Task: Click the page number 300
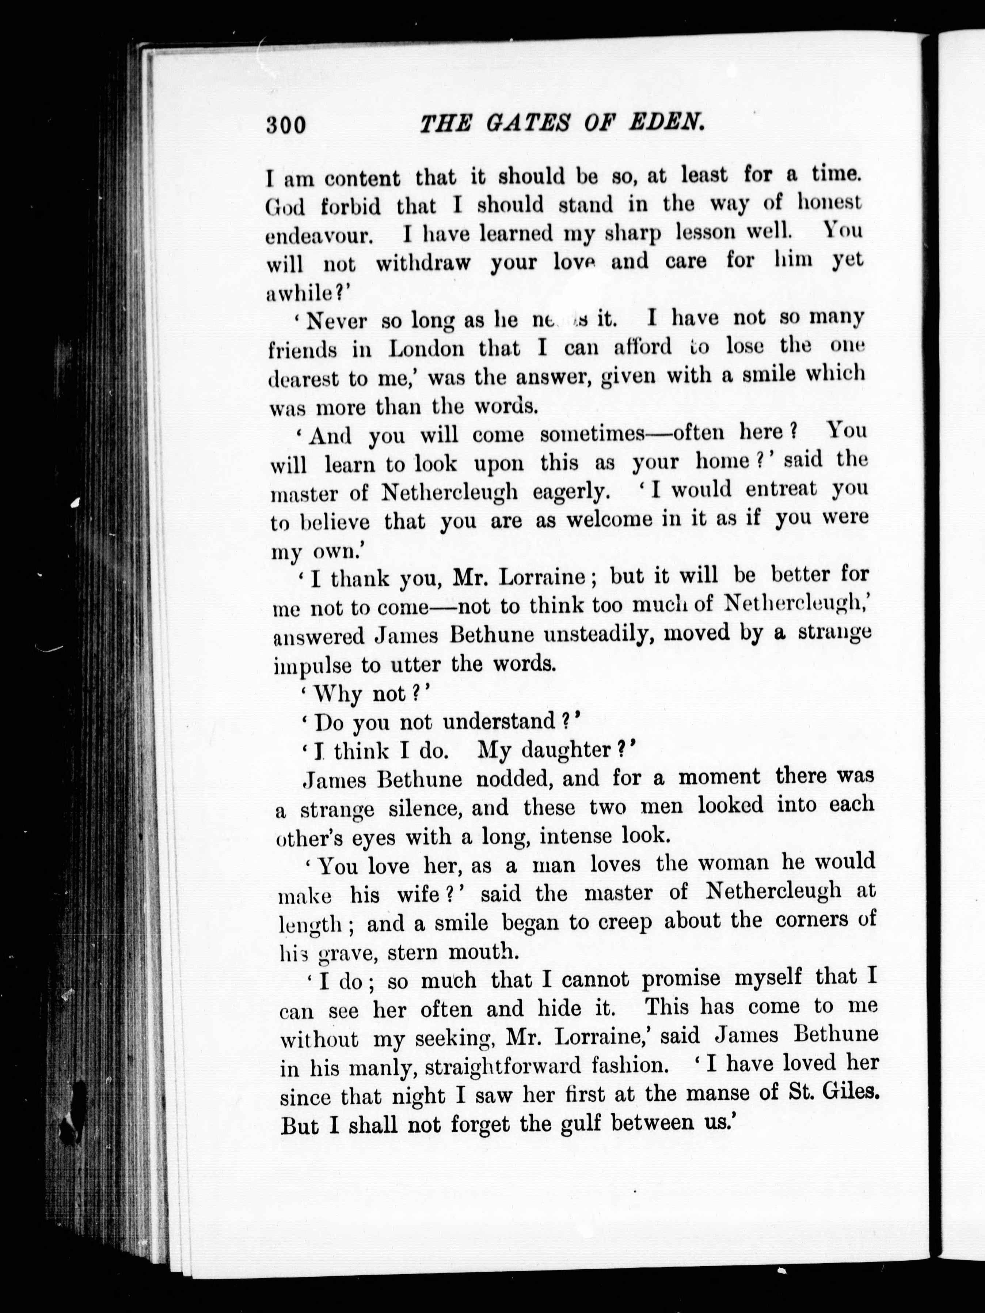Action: point(286,125)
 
